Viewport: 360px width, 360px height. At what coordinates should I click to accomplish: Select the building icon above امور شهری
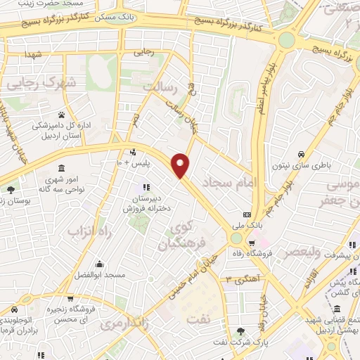pyautogui.click(x=61, y=169)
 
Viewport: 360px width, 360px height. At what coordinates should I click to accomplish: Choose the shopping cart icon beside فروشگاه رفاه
pyautogui.click(x=264, y=243)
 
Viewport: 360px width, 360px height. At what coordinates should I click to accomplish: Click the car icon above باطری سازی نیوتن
pyautogui.click(x=300, y=154)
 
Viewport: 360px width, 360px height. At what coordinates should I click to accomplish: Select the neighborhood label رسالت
pyautogui.click(x=163, y=86)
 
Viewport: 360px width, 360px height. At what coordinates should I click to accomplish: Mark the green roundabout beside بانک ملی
pyautogui.click(x=237, y=239)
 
